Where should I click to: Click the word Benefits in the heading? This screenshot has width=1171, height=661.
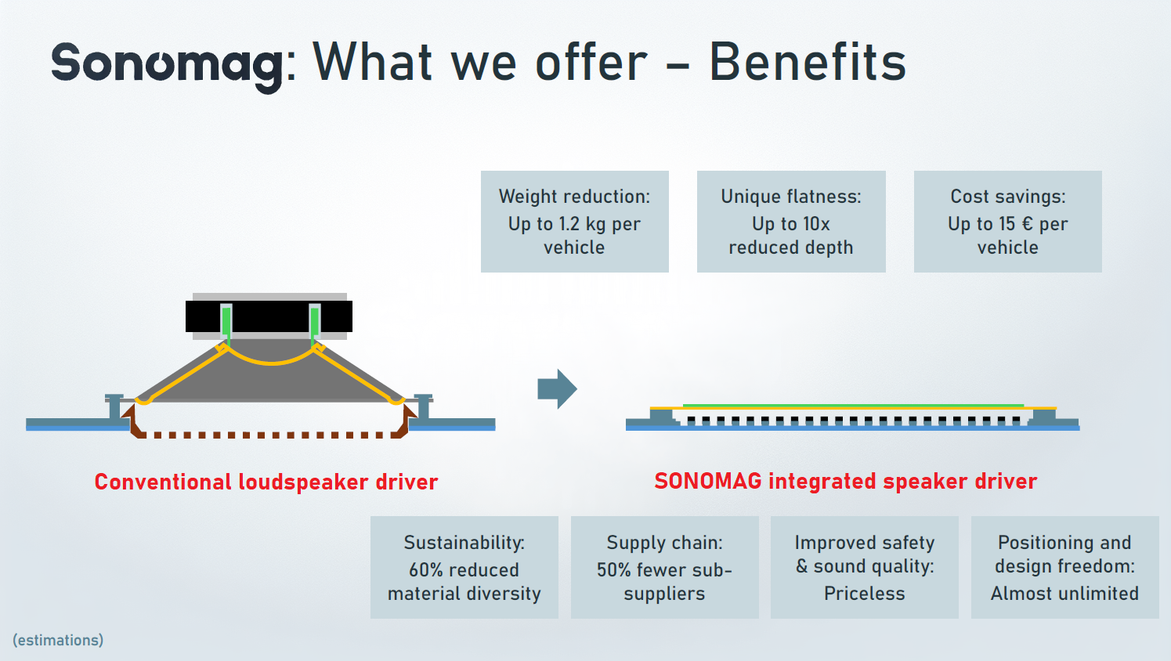tap(808, 62)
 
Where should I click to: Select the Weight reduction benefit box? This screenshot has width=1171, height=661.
tap(574, 221)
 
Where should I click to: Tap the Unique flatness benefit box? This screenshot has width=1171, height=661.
tap(791, 221)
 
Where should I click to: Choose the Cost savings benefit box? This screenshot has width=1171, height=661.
tap(1007, 221)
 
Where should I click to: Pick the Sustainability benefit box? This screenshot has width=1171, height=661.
tap(464, 567)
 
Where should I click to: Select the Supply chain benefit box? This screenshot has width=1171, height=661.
tap(664, 567)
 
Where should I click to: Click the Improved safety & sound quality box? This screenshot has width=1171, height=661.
tap(865, 567)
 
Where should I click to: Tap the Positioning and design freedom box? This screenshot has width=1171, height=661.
tap(1065, 567)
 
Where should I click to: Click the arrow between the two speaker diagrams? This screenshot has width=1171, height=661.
tap(557, 388)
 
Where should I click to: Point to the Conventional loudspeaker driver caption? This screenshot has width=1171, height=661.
tap(266, 482)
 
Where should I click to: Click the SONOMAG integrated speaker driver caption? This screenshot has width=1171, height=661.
tap(846, 481)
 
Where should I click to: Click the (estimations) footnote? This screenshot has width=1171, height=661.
tap(58, 640)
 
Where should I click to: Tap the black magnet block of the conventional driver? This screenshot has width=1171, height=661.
tap(269, 316)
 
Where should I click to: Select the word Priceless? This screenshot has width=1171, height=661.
tap(865, 594)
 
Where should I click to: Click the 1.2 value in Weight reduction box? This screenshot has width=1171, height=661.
tap(569, 224)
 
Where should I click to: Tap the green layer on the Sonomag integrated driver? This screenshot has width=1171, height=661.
tap(853, 406)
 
